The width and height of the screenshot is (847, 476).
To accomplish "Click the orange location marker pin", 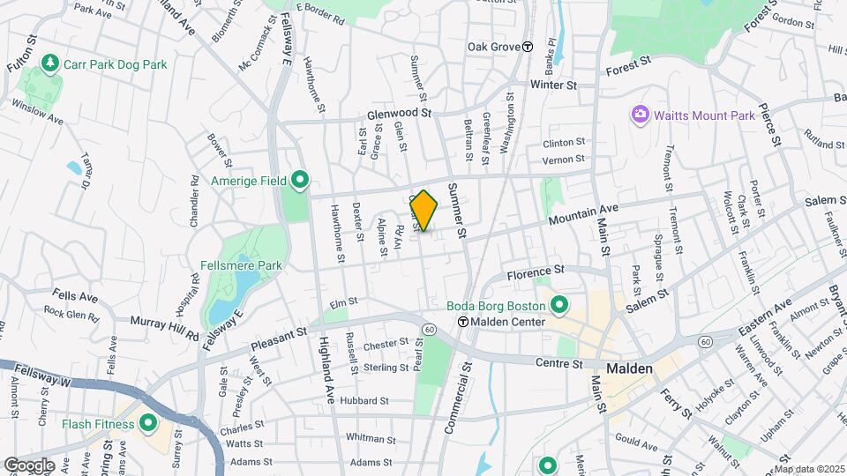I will point(424,211).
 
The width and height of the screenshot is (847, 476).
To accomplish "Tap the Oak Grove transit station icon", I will point(528,47).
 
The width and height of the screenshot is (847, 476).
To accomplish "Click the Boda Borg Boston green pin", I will point(558,306).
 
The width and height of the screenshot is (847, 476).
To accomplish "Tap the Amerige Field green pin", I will point(299,181).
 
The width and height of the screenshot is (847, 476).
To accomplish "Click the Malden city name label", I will point(629,368).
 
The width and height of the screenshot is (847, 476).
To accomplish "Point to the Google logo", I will point(28,465).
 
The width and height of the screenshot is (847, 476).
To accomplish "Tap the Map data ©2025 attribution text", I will point(808,469).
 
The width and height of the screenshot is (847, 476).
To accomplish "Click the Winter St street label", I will point(552,86).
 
